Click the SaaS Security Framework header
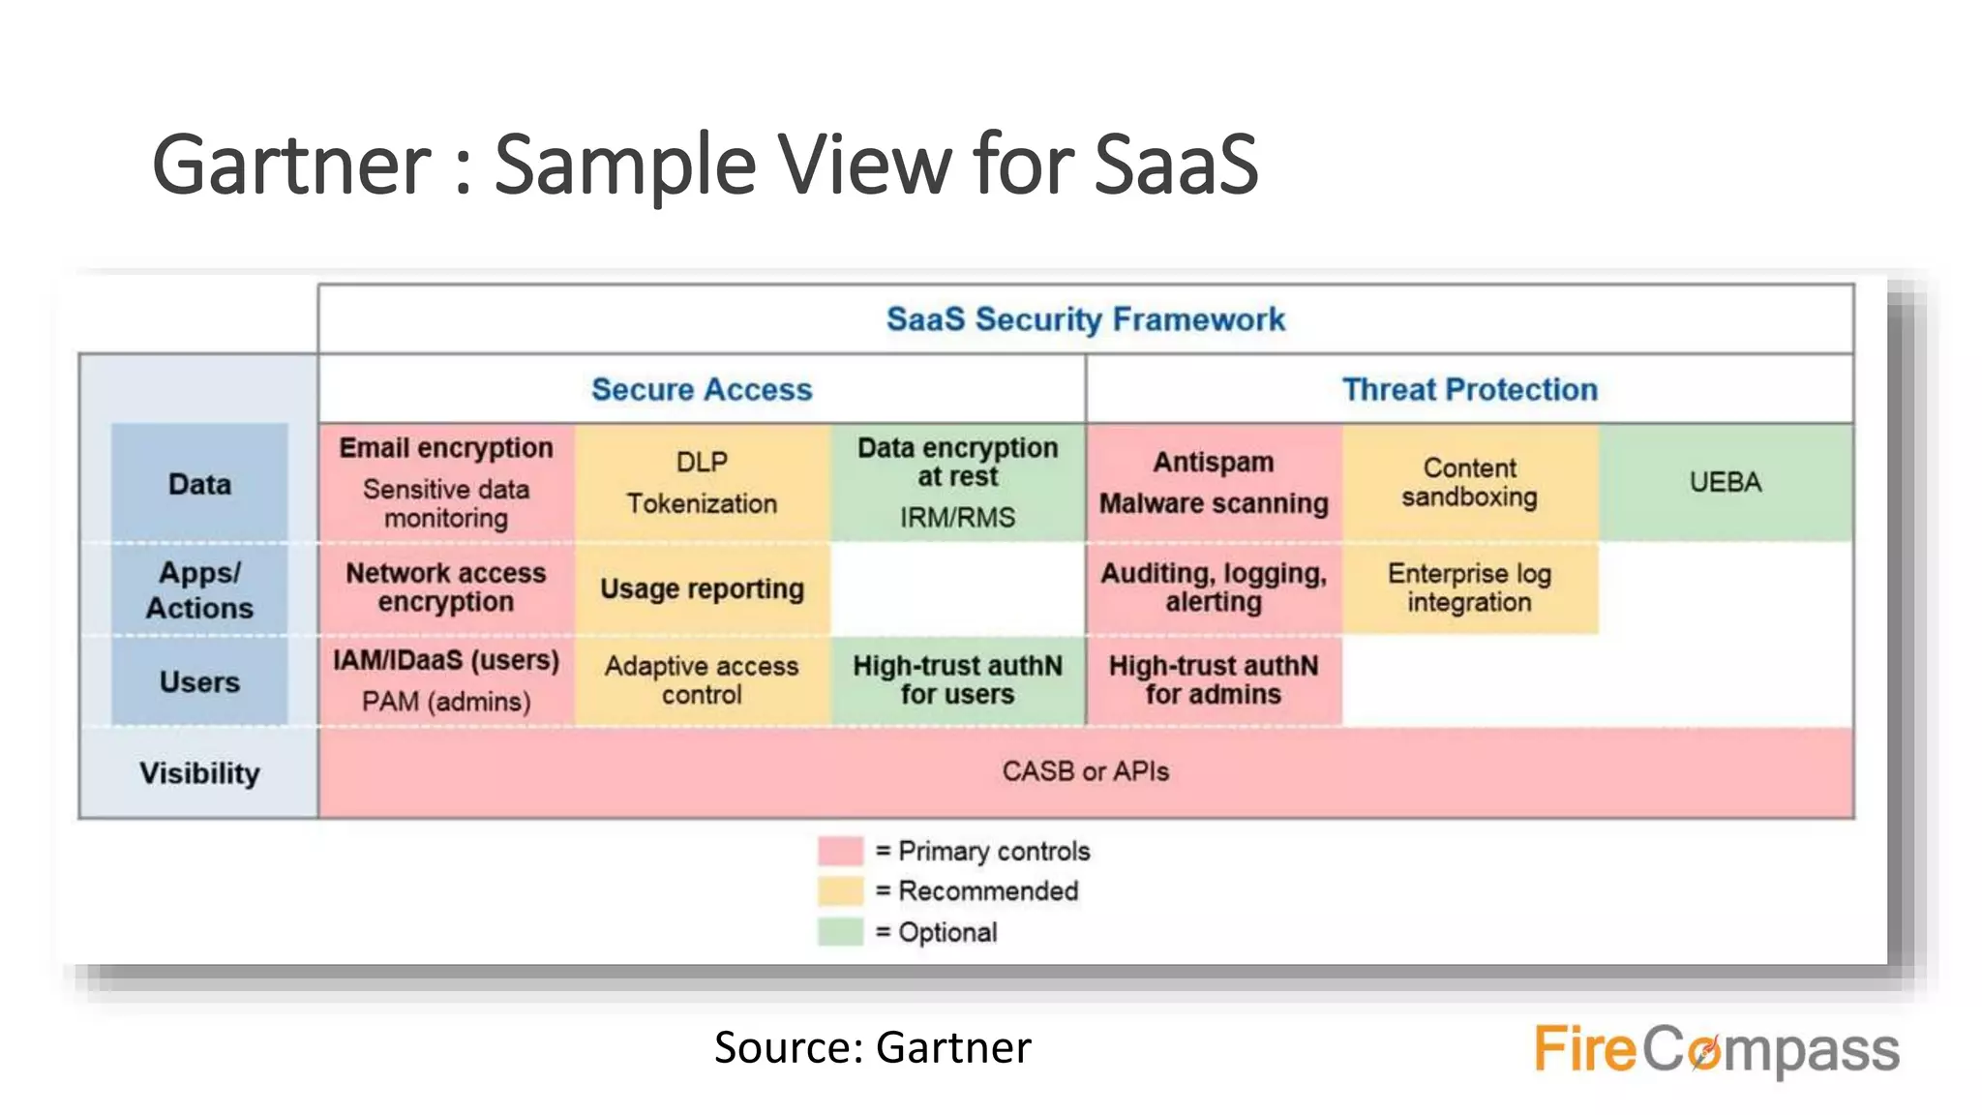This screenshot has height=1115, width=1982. (x=1085, y=319)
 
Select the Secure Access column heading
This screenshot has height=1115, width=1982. (x=702, y=389)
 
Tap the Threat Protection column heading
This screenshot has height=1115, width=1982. (x=1469, y=389)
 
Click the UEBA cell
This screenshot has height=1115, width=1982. (x=1726, y=482)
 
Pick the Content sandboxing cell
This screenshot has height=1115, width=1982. (x=1469, y=482)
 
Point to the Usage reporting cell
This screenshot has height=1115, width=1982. (x=702, y=588)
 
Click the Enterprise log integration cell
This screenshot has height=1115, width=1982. (x=1469, y=588)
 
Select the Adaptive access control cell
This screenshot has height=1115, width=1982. (x=702, y=680)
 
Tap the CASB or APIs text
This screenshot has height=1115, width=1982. (x=1085, y=771)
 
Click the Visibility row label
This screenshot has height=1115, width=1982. (x=199, y=773)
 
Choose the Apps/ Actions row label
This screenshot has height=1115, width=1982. (x=199, y=589)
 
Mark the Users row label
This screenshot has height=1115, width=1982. (x=199, y=681)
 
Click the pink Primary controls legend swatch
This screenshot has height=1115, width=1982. (x=840, y=851)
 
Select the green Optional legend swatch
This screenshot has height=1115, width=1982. (x=840, y=932)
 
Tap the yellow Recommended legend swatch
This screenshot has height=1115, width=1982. (x=840, y=890)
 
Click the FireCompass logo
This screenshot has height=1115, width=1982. (x=1716, y=1050)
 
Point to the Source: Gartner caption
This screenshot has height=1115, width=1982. (x=873, y=1047)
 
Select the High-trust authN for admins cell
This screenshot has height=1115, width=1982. (x=1214, y=680)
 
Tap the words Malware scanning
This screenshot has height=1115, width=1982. (x=1214, y=503)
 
